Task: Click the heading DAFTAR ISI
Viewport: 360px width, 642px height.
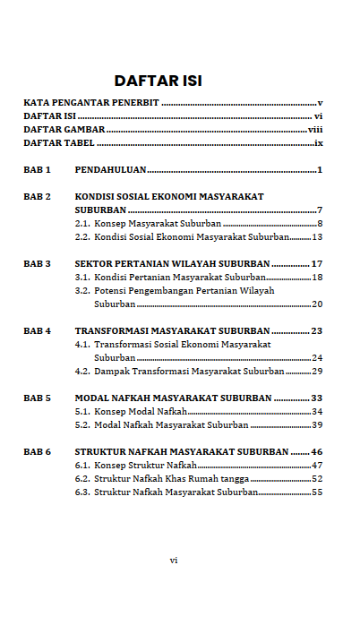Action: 158,81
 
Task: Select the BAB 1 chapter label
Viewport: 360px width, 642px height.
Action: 37,169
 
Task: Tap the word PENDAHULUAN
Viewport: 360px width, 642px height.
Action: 110,169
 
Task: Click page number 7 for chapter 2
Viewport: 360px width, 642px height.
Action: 319,210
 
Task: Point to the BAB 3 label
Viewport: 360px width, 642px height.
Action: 37,263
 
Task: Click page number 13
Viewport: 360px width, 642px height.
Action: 316,236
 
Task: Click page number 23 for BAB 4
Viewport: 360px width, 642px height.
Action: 316,330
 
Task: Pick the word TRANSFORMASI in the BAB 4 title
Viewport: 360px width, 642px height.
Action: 116,330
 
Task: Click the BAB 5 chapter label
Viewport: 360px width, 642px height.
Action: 37,398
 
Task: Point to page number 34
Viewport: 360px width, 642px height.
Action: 316,411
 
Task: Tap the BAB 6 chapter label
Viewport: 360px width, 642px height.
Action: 37,451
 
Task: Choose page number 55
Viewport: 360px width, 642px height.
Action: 316,492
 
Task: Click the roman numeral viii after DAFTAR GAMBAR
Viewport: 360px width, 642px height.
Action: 314,129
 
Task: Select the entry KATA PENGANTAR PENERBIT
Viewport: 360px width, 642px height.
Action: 90,102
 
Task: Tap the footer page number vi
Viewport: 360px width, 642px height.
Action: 174,560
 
